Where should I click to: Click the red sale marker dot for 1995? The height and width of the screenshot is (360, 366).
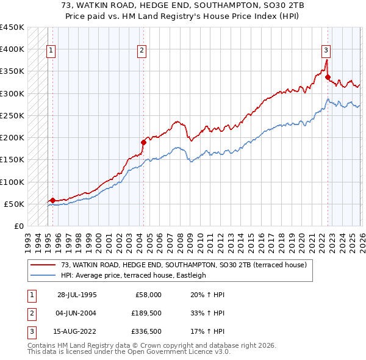pos(52,200)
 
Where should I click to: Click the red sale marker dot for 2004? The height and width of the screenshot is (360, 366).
pos(143,142)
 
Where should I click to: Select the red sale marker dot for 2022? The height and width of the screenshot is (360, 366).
pos(328,77)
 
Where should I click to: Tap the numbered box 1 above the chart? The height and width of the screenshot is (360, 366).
pos(51,51)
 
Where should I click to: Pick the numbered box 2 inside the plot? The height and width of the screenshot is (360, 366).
pos(142,51)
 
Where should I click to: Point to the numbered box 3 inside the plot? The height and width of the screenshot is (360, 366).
pos(326,51)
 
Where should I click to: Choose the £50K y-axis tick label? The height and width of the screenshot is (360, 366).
pos(15,204)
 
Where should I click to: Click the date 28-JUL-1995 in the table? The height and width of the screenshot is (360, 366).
pos(77,295)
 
